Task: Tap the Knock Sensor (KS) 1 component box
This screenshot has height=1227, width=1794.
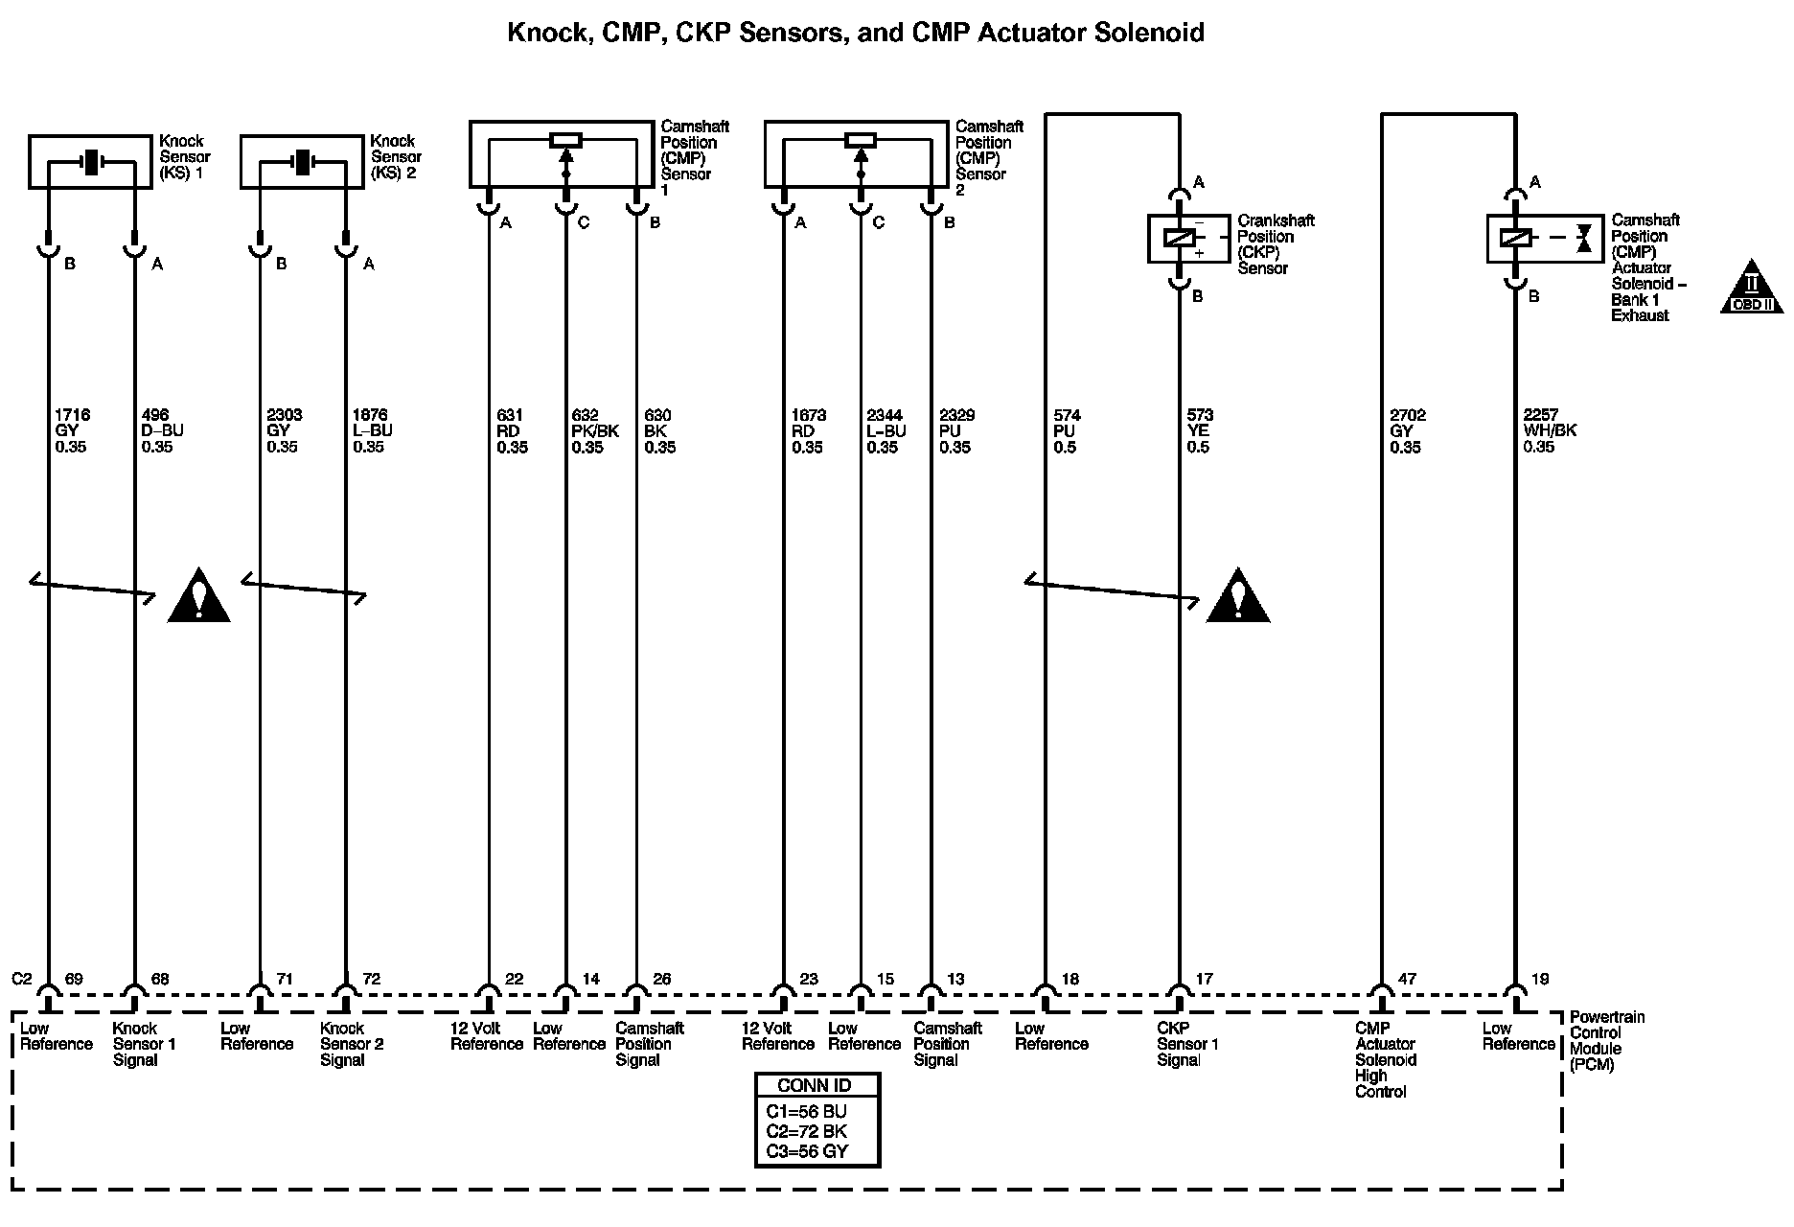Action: click(x=90, y=162)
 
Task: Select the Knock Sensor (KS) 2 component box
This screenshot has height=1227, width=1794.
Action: click(x=302, y=162)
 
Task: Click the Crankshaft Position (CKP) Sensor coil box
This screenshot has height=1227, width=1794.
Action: click(x=1188, y=239)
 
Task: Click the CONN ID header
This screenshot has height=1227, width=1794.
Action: click(x=816, y=1085)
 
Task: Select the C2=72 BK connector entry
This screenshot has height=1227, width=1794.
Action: click(x=806, y=1131)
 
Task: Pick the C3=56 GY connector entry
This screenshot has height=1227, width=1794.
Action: click(x=807, y=1151)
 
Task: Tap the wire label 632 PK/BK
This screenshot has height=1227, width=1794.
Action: click(x=594, y=430)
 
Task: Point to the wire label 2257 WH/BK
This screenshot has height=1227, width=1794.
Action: click(x=1549, y=430)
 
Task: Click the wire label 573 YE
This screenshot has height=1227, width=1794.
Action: click(x=1199, y=430)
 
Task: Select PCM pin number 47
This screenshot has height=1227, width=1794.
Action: click(x=1406, y=979)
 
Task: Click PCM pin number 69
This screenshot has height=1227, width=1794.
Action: click(x=74, y=979)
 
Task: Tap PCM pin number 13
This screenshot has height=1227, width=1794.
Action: click(x=955, y=979)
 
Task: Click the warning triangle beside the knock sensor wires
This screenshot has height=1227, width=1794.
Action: click(x=198, y=597)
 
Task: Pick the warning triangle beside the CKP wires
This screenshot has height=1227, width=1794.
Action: click(x=1237, y=597)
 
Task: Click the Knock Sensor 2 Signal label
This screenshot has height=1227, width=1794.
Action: click(x=351, y=1044)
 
